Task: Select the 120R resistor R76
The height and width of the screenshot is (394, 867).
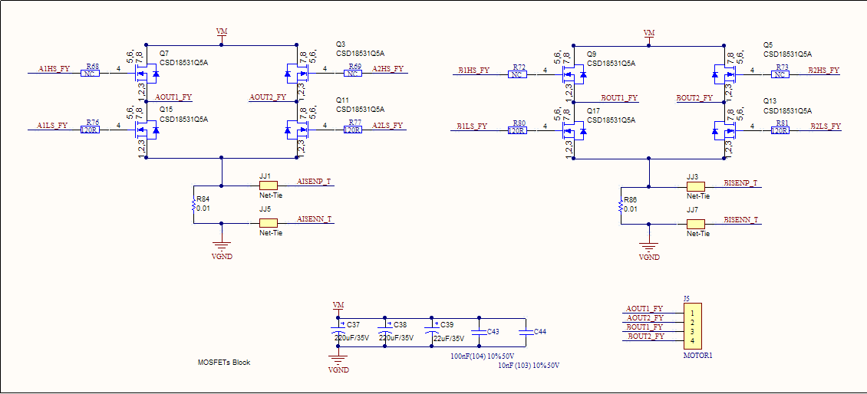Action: pyautogui.click(x=91, y=130)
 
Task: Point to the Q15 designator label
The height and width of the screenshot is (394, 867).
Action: pyautogui.click(x=166, y=110)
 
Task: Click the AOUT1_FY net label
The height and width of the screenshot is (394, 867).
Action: pyautogui.click(x=173, y=97)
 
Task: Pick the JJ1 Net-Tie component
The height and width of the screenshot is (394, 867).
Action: pyautogui.click(x=268, y=186)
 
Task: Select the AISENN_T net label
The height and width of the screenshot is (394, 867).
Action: pyautogui.click(x=315, y=219)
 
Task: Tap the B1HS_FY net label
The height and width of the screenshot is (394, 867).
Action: pyautogui.click(x=473, y=70)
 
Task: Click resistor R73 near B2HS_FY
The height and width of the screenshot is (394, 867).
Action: pyautogui.click(x=780, y=74)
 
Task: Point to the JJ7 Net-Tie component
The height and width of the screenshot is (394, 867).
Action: pyautogui.click(x=696, y=224)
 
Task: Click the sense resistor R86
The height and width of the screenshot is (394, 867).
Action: pyautogui.click(x=621, y=205)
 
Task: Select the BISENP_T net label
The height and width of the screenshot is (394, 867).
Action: pyautogui.click(x=741, y=183)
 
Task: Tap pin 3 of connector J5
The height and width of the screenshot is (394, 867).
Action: pyautogui.click(x=692, y=331)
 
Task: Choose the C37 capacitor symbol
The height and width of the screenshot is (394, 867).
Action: pyautogui.click(x=338, y=331)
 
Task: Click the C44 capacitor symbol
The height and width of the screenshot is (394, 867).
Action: pyautogui.click(x=525, y=332)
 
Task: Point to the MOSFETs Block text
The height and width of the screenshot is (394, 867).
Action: pyautogui.click(x=223, y=363)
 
